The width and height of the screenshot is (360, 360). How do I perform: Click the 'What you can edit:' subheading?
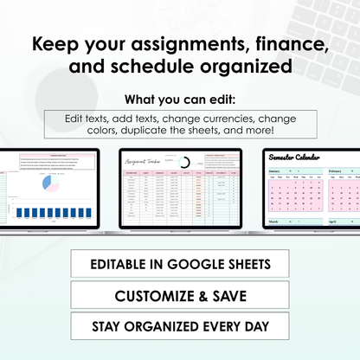[180, 98]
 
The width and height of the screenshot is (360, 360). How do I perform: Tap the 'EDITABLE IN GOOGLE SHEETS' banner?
[180, 264]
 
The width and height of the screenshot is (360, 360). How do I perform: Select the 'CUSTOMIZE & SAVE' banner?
[180, 296]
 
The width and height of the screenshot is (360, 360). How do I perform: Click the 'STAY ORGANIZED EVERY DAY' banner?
[180, 327]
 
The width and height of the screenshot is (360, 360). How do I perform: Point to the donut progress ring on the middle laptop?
[184, 163]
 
